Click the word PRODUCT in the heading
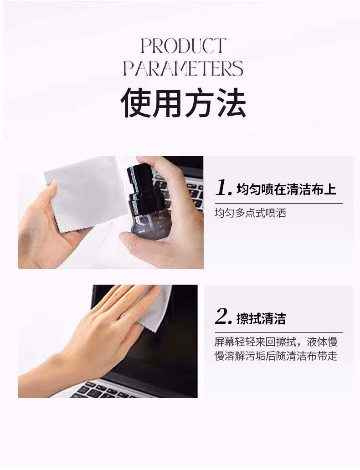[x=183, y=46]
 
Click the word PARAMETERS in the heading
[x=183, y=68]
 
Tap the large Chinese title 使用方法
[x=183, y=102]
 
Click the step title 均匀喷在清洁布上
[x=286, y=189]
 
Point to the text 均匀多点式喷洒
[x=250, y=213]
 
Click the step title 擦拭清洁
[x=261, y=318]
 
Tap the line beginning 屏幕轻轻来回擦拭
[x=276, y=342]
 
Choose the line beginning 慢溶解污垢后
[x=276, y=356]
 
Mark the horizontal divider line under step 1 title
[x=279, y=204]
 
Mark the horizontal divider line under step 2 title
[x=279, y=333]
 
